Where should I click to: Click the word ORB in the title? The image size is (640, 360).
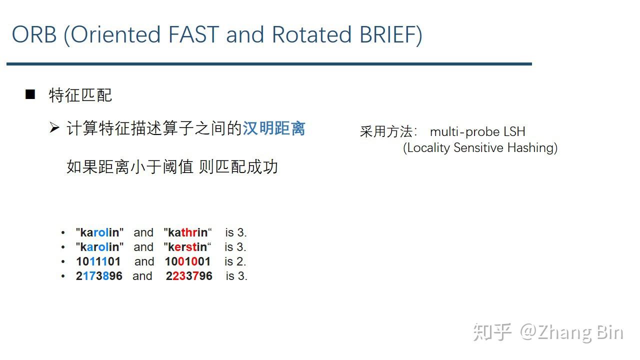34,35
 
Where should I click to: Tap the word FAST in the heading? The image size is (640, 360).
194,35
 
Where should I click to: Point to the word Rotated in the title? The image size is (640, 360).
311,35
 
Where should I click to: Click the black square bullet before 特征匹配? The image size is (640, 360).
30,94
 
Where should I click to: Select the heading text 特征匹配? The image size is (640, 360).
80,95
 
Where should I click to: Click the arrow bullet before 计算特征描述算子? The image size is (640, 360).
54,128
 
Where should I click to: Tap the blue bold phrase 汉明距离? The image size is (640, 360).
274,128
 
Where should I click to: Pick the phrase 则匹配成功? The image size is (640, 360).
238,166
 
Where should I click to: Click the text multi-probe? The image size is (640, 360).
464,131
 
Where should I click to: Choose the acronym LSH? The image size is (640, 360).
514,131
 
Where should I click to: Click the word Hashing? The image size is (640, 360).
532,148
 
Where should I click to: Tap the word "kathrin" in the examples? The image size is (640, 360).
188,232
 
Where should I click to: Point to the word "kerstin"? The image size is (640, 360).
188,247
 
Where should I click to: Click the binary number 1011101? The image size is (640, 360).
98,261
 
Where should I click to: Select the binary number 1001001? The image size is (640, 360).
187,261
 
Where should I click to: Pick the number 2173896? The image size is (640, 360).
99,276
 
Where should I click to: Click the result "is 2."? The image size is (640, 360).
235,261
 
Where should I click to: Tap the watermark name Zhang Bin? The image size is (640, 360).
580,332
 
